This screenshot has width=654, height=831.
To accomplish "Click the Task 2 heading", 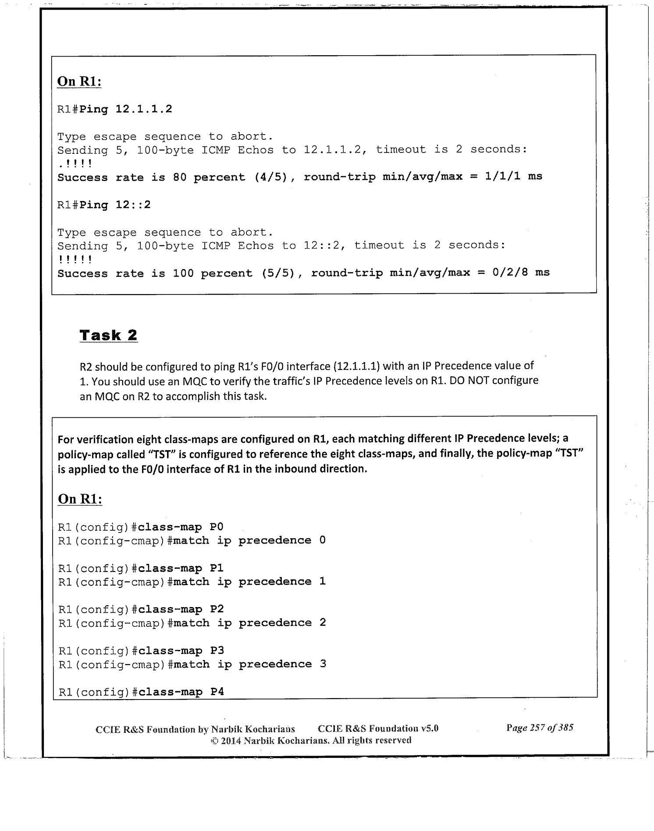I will (x=108, y=335).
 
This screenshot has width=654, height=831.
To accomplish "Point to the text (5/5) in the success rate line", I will (x=280, y=273).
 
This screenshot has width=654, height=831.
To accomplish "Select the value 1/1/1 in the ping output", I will (x=502, y=177).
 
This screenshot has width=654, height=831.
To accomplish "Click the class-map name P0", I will (x=217, y=527).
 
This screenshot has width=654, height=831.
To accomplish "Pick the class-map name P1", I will (x=217, y=568).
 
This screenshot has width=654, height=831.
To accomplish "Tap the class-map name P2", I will (x=217, y=610).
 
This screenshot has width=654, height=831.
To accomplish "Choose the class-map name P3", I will (x=217, y=651).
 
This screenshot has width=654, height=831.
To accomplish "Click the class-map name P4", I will (x=217, y=692).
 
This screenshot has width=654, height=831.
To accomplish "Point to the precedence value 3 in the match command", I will (x=323, y=664).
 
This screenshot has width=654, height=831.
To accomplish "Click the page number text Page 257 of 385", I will (x=540, y=728).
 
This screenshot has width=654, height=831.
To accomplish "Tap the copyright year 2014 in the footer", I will (x=231, y=741).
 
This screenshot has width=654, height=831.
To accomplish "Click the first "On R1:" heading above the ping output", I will (x=79, y=82).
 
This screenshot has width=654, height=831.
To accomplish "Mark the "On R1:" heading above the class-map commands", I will (x=80, y=499).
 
